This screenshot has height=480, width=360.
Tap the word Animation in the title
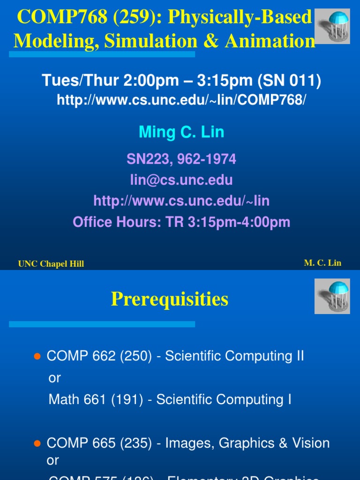pos(270,41)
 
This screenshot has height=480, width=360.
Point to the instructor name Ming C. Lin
pos(181,132)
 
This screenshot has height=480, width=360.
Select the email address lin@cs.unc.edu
pos(181,180)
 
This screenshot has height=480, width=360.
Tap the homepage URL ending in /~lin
pos(181,201)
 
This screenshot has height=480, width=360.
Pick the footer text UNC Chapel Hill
pos(51,264)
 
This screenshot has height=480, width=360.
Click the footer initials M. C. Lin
pos(322,263)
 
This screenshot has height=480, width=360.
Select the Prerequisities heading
pos(170,299)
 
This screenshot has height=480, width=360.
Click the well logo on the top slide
pos(331,26)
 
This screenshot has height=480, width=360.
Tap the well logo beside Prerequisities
pos(331,296)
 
